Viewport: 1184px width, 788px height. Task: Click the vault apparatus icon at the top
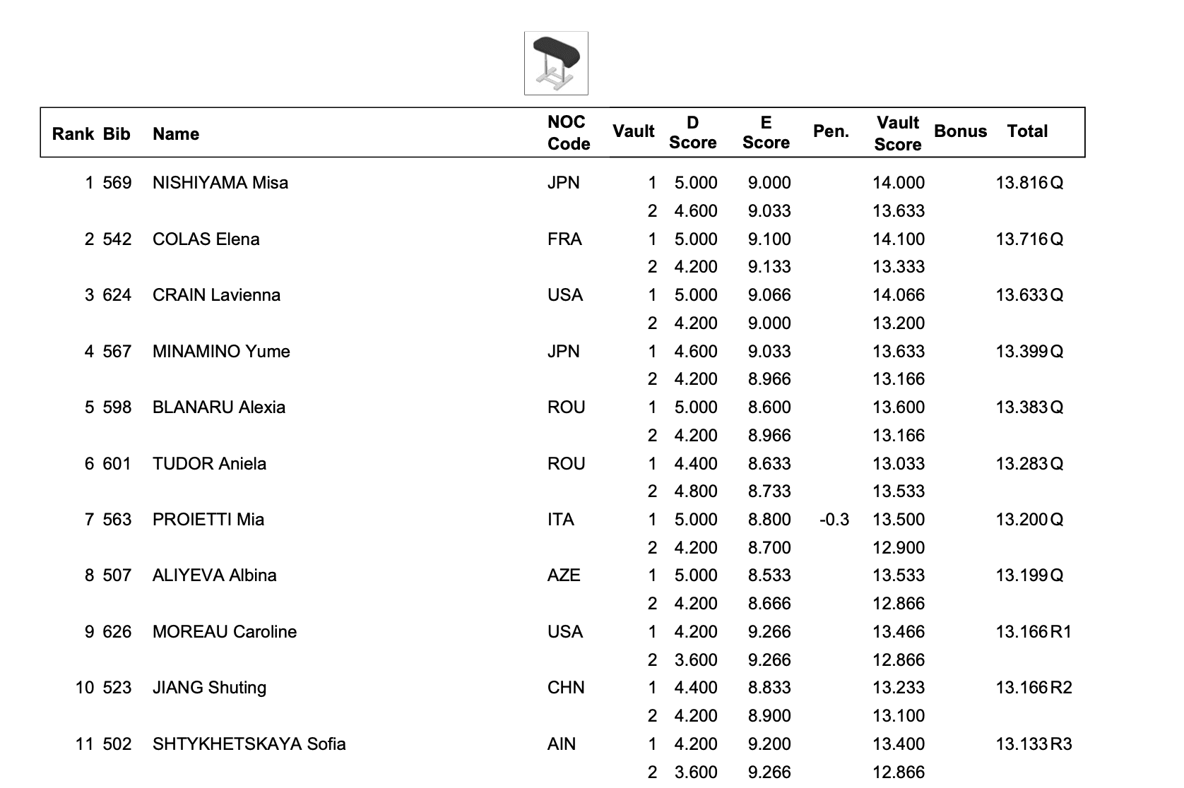tap(556, 63)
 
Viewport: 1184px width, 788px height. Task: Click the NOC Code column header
tap(568, 133)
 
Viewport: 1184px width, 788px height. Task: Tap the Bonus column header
tap(960, 131)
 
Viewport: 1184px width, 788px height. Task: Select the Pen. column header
tap(831, 131)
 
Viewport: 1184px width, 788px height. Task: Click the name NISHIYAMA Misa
tap(220, 183)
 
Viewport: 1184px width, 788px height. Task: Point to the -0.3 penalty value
tap(834, 520)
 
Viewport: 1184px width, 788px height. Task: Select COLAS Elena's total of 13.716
tap(1022, 239)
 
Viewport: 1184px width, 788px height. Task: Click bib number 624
tap(117, 295)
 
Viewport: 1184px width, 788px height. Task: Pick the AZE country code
tap(564, 575)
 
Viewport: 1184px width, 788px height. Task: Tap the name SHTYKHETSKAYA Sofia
tap(249, 744)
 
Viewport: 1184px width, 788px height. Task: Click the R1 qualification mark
tap(1061, 632)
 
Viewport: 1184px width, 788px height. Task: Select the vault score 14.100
tap(898, 239)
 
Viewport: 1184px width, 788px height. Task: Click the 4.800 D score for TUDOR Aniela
tap(695, 491)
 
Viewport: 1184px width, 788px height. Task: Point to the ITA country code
tap(561, 520)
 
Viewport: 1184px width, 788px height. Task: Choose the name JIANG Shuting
tap(209, 688)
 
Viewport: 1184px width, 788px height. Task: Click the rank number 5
tap(89, 407)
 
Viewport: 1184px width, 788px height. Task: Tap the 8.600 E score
tap(769, 407)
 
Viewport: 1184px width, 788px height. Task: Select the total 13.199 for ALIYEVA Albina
tap(1022, 575)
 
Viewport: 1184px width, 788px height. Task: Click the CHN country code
tap(566, 688)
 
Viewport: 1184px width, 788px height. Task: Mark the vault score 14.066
tap(898, 295)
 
